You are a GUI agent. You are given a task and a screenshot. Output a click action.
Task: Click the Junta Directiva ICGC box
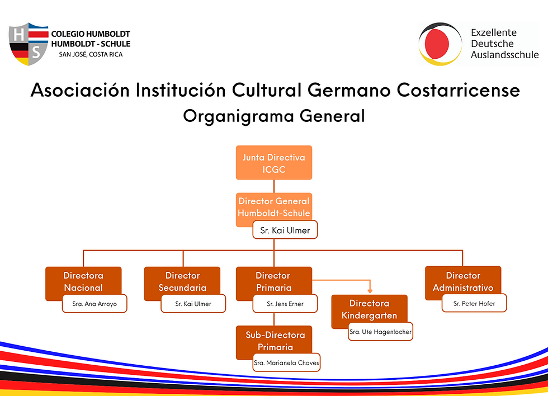click(x=273, y=163)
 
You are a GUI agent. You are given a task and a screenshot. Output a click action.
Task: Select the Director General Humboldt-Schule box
click(x=273, y=207)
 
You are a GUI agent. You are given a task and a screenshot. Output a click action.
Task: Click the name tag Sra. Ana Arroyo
click(x=95, y=304)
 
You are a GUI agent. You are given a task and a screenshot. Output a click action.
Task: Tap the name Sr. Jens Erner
click(x=285, y=304)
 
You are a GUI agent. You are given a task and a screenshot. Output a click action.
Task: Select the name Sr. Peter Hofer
click(x=474, y=303)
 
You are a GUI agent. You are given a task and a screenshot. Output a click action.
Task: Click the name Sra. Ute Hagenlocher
click(x=381, y=332)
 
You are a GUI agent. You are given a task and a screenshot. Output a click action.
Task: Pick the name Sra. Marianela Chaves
click(x=286, y=363)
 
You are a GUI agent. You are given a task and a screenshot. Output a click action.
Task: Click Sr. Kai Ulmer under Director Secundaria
click(x=193, y=304)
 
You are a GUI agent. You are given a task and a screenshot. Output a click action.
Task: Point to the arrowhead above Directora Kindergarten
click(x=370, y=291)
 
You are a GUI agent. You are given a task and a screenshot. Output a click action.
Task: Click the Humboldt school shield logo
click(x=29, y=44)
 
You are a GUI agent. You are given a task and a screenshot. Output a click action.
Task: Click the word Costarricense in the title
click(x=458, y=90)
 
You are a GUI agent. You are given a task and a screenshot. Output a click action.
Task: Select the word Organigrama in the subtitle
click(x=238, y=116)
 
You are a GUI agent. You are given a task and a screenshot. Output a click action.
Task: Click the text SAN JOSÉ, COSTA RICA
click(x=91, y=54)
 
